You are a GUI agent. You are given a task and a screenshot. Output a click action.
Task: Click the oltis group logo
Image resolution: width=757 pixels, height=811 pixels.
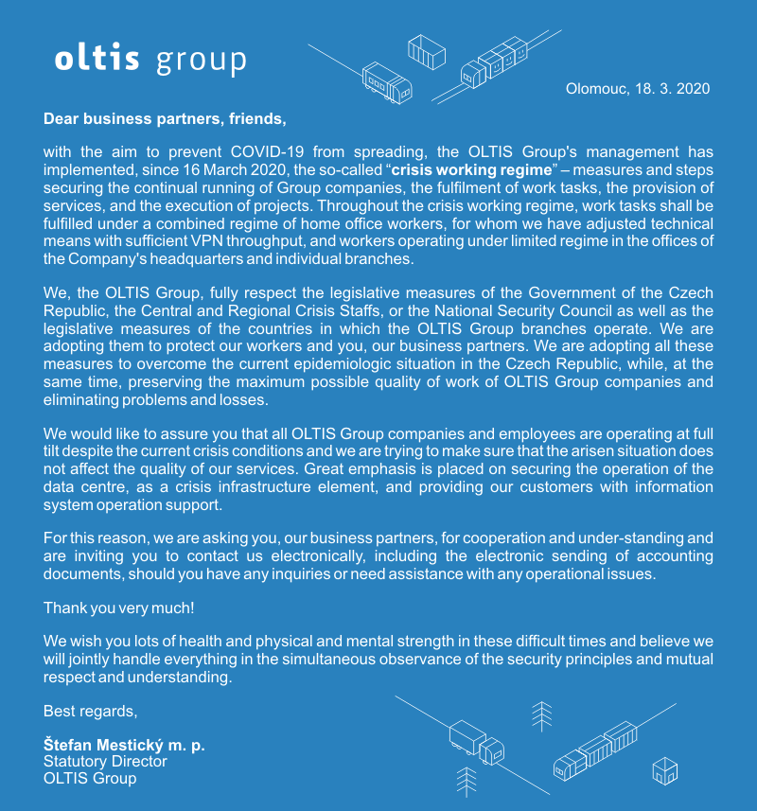[150, 60]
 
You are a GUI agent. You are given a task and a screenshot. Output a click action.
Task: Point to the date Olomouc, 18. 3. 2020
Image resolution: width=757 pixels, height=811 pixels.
[637, 89]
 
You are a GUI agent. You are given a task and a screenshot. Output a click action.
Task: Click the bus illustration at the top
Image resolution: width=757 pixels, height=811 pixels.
[388, 83]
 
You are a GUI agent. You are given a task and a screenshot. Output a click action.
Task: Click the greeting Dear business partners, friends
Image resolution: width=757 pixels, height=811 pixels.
[165, 119]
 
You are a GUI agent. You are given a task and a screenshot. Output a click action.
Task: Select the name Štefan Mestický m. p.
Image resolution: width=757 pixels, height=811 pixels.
[124, 745]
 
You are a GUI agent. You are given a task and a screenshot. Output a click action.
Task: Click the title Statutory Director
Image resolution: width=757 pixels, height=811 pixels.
[105, 761]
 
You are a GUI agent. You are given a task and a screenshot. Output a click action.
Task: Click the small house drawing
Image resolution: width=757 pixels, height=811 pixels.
[665, 769]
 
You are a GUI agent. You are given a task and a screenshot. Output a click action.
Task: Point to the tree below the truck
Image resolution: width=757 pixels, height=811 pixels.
[466, 781]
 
